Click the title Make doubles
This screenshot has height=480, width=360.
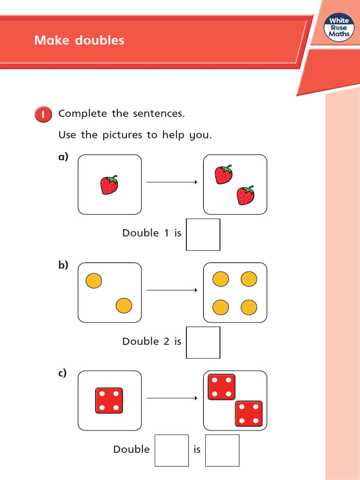[79, 40]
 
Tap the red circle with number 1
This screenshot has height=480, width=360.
[43, 115]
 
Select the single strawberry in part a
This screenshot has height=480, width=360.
[109, 185]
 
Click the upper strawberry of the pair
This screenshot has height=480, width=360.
[224, 174]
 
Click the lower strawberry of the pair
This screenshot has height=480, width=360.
[246, 195]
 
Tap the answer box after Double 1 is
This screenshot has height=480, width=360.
[203, 234]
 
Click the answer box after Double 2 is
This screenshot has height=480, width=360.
[203, 342]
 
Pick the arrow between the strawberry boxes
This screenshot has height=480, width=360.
[172, 182]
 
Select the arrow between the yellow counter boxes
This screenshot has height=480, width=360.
[172, 290]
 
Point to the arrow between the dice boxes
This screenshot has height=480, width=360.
[172, 398]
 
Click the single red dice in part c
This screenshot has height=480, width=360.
[109, 400]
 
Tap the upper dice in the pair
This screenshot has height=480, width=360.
[221, 387]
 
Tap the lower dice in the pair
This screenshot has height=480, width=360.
[248, 413]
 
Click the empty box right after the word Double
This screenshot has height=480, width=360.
[172, 450]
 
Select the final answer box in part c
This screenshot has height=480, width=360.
[222, 450]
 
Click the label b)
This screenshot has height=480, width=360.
[63, 265]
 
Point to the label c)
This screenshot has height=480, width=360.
[62, 373]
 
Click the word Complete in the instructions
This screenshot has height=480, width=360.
[82, 114]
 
